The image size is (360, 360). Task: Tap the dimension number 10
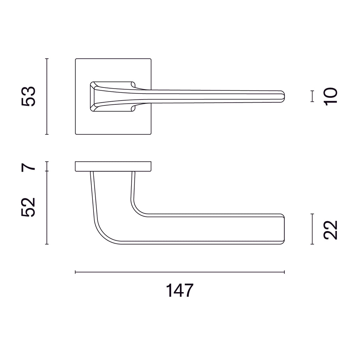click(x=331, y=96)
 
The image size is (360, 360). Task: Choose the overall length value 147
click(x=180, y=291)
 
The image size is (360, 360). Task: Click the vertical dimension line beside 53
click(x=47, y=96)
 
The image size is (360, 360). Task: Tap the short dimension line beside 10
click(x=312, y=96)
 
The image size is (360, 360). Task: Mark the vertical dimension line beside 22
click(x=312, y=229)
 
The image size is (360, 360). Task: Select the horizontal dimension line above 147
click(x=180, y=272)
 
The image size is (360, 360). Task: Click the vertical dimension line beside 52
click(x=47, y=207)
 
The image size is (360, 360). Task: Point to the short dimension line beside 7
click(x=47, y=166)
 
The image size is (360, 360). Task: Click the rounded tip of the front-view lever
click(x=283, y=96)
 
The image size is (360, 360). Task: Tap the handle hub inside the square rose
click(x=111, y=96)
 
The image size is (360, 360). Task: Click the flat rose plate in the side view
click(x=113, y=167)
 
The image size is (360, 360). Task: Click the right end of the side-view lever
click(x=283, y=229)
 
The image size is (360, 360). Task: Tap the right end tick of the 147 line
click(x=284, y=272)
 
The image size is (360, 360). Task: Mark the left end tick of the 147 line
click(x=76, y=272)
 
